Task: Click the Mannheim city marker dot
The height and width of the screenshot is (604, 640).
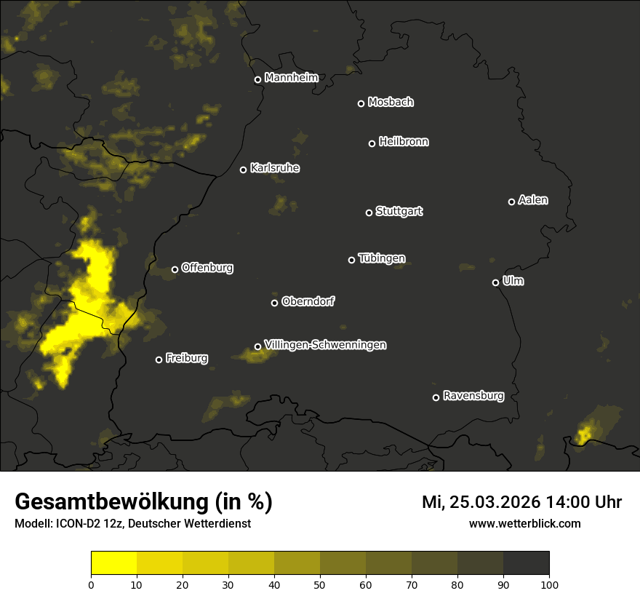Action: tap(257, 80)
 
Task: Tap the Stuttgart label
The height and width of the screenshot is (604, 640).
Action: tap(399, 211)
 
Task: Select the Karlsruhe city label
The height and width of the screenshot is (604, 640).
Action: tap(274, 168)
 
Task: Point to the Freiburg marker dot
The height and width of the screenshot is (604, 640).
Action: tap(159, 359)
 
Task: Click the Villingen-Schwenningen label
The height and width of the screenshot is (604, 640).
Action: tap(325, 345)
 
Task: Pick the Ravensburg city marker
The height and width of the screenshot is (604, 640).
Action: tap(436, 397)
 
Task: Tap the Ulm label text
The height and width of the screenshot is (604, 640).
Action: tap(513, 281)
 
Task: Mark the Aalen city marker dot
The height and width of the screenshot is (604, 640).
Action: tap(511, 202)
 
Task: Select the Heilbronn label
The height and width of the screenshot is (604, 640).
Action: tap(404, 142)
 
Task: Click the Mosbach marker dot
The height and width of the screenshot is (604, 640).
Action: tap(361, 103)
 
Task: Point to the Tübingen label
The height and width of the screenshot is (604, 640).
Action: tap(381, 258)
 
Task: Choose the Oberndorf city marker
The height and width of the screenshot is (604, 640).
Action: tap(274, 303)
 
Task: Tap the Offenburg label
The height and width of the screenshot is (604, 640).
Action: tap(207, 268)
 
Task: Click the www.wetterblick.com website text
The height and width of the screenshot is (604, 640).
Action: tap(524, 523)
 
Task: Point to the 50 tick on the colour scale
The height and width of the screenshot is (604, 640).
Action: tap(320, 584)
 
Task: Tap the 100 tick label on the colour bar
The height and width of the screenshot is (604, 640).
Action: tap(549, 584)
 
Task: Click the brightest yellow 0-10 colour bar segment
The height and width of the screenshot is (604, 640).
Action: tap(113, 563)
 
